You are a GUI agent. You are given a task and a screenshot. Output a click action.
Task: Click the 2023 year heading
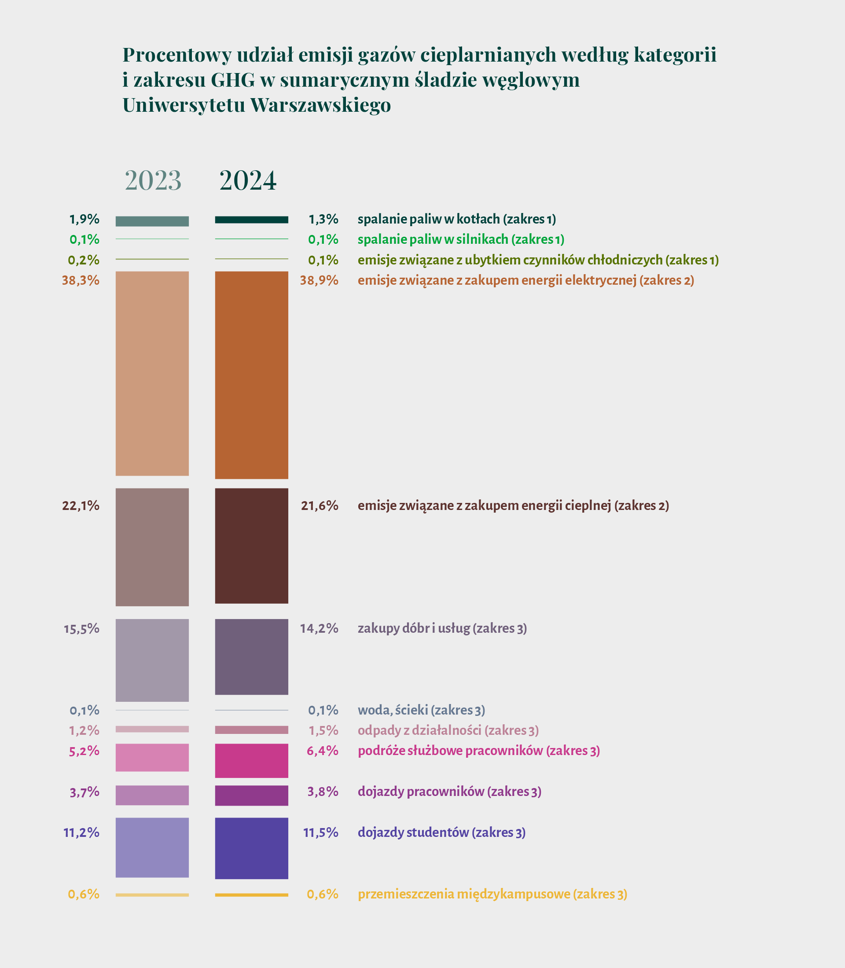(x=153, y=180)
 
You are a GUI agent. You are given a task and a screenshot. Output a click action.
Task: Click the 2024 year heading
(x=248, y=180)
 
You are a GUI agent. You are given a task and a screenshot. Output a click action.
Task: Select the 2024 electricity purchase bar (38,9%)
(x=251, y=375)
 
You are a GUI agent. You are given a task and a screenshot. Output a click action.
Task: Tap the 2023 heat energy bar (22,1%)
(x=152, y=547)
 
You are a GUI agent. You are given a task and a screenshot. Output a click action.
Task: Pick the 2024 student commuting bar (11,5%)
(x=251, y=848)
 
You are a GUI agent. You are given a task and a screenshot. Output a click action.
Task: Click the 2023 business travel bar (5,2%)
(x=152, y=757)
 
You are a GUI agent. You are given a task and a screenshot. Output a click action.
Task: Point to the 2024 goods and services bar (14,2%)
(x=251, y=656)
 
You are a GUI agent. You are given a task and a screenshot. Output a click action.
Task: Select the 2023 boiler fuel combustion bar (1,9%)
(x=152, y=221)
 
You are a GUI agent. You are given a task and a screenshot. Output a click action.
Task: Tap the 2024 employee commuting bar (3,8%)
(x=251, y=796)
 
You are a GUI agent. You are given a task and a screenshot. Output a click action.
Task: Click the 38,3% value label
(x=81, y=281)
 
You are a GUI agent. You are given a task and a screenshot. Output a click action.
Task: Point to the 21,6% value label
(x=320, y=506)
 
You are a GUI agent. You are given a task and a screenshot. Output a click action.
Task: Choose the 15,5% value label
(x=81, y=628)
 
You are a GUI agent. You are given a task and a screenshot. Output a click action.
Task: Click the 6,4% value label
(x=323, y=751)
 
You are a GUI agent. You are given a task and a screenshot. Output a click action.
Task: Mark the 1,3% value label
(x=323, y=219)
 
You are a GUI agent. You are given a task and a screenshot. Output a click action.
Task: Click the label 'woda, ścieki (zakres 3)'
(x=421, y=710)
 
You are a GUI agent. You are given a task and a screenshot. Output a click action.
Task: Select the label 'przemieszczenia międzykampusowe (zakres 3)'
(x=492, y=894)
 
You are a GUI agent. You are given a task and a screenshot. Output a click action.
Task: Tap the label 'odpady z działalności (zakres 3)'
(x=448, y=730)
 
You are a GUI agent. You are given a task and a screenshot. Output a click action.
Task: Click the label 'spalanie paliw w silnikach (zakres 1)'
(x=461, y=239)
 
